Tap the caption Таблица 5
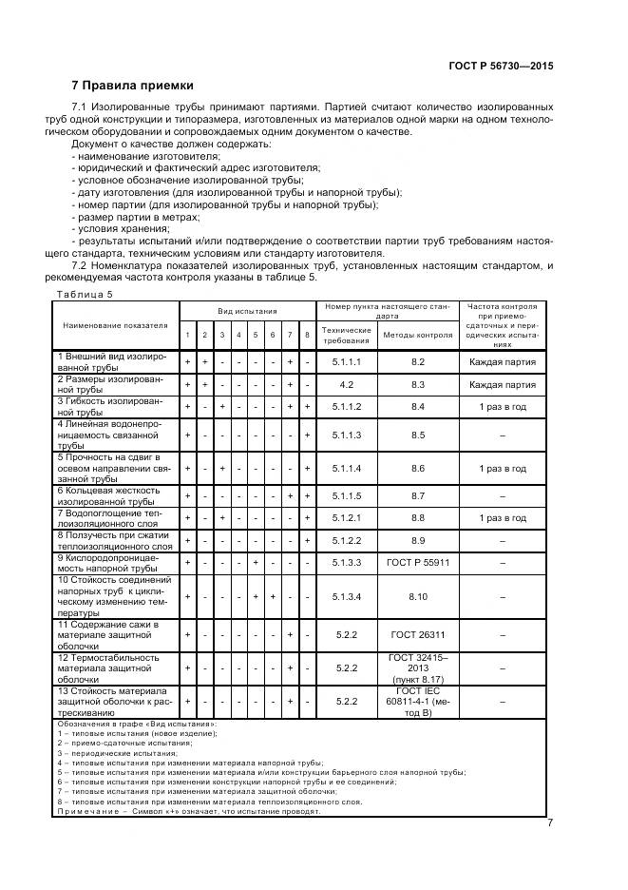point(84,295)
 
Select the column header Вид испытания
point(247,311)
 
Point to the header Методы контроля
point(417,335)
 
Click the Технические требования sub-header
point(347,335)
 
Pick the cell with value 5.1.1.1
point(347,362)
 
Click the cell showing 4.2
point(347,385)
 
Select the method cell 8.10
point(417,596)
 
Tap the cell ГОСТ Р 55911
point(417,562)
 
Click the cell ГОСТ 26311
point(417,632)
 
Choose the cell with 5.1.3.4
point(347,596)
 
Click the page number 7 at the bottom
point(550,823)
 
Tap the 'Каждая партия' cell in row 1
point(503,362)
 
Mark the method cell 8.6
point(417,469)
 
